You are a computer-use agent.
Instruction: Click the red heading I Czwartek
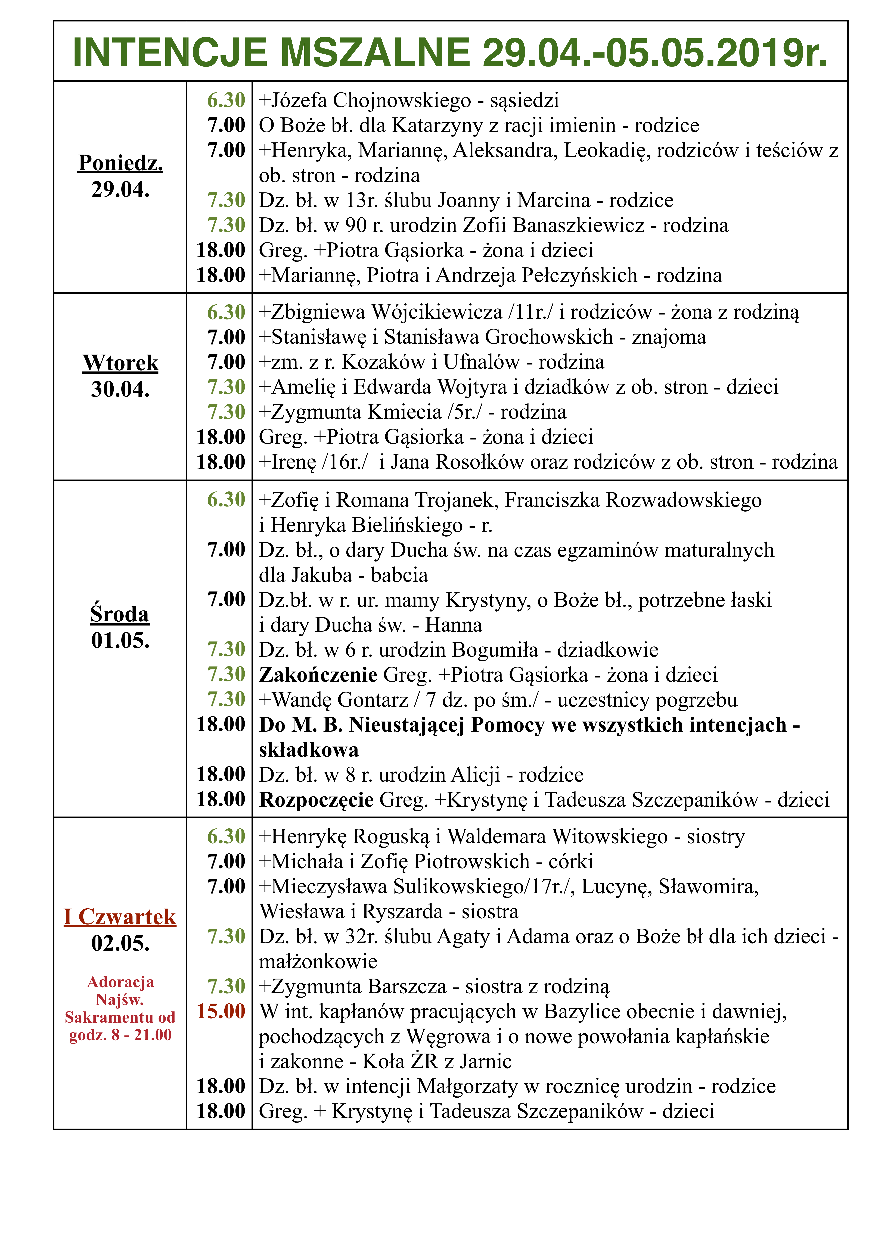[120, 917]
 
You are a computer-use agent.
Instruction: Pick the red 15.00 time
[221, 1011]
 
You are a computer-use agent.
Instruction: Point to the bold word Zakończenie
[318, 675]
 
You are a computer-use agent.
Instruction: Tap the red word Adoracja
[120, 982]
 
